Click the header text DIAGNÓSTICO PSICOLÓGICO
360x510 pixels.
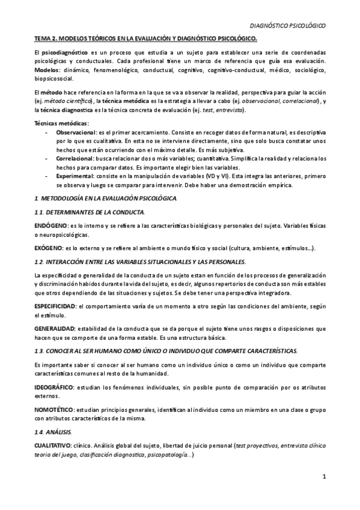[287, 26]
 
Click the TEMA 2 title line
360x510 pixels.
[145, 39]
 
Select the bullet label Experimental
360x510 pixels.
[75, 177]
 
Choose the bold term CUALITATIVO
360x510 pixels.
[55, 444]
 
